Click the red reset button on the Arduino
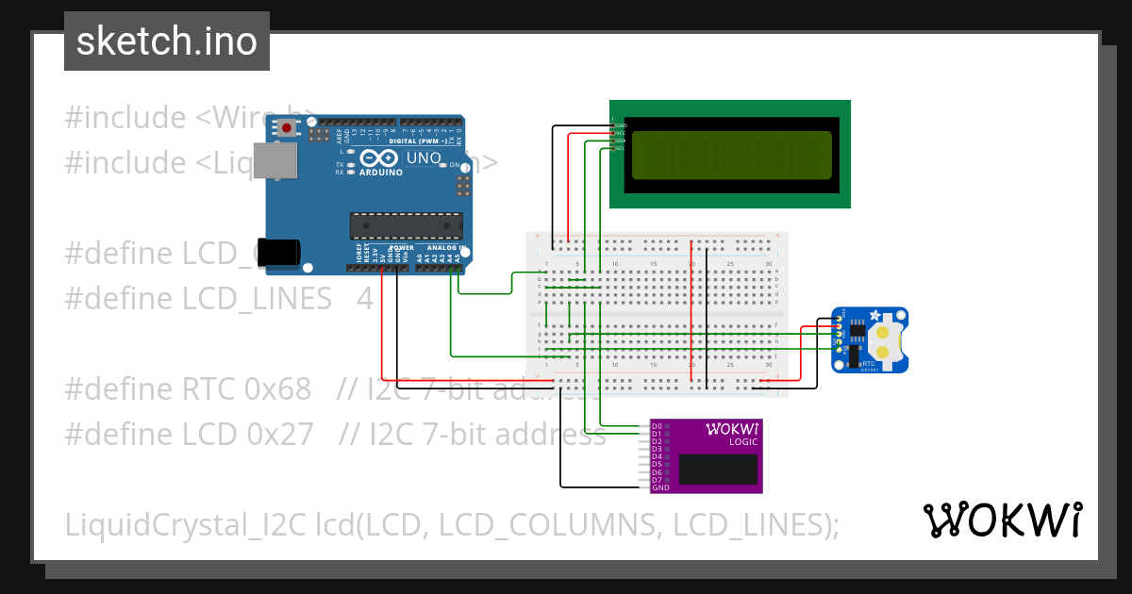286,127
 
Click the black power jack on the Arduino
279,252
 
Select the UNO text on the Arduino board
424,157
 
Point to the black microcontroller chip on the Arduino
407,226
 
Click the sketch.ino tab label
167,41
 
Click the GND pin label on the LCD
621,124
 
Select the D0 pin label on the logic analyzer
657,426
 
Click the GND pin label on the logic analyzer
660,487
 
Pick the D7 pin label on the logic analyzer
657,480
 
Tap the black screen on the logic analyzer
718,470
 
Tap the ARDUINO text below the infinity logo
381,173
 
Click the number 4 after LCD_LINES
365,298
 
